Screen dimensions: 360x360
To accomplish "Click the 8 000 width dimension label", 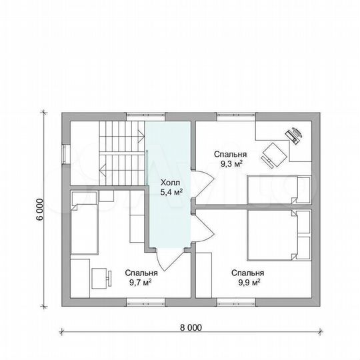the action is (x=191, y=327).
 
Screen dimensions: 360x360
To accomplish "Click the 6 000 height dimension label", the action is (x=39, y=209).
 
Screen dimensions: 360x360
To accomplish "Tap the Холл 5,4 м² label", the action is (x=171, y=187).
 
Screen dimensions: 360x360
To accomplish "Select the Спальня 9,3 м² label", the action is (x=230, y=159).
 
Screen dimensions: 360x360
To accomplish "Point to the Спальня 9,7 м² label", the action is (x=141, y=277).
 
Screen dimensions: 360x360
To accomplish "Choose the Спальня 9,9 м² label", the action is (x=247, y=277).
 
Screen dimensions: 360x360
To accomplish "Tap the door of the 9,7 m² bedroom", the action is (x=169, y=259).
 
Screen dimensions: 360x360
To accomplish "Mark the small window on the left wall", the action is (x=66, y=154).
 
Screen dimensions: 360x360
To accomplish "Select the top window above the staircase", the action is (x=145, y=117).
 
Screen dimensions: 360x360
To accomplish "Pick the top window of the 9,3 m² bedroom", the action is (x=236, y=117).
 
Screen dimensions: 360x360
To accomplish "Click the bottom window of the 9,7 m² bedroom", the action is (x=145, y=302).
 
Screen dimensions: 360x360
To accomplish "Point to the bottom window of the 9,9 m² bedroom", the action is (x=236, y=302).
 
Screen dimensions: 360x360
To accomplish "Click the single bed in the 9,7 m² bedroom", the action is (x=84, y=223).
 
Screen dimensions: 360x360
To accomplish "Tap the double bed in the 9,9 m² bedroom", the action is (x=279, y=235).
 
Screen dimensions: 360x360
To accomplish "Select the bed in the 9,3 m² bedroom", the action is (x=279, y=190).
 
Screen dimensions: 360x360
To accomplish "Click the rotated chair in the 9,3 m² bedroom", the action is (x=274, y=155).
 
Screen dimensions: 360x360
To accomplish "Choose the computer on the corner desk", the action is (x=294, y=135).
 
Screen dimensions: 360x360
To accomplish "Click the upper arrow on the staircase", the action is (x=141, y=135).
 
